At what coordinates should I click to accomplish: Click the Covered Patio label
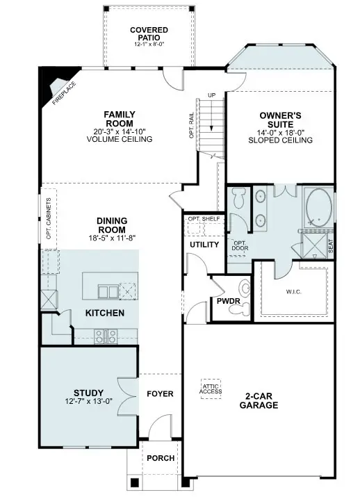pos(148,33)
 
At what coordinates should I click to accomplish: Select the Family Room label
pos(119,119)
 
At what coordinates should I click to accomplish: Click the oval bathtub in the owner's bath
pos(320,206)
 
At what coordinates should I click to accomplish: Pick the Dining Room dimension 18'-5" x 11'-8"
pos(111,238)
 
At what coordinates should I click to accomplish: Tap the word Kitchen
pos(105,313)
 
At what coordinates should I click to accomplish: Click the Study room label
pos(88,392)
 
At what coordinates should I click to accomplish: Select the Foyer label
pos(160,393)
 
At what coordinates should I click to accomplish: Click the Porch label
pos(160,459)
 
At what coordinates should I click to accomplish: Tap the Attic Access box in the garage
pos(210,388)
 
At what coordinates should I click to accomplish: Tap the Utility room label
pos(204,245)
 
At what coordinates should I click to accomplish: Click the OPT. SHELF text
pos(203,219)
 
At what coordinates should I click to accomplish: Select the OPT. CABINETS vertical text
pos(49,218)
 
